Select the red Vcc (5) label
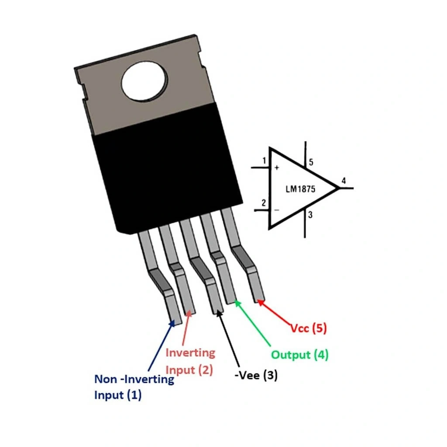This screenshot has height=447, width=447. [309, 328]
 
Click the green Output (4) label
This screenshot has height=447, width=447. [299, 354]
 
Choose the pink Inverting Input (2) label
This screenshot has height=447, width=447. [190, 361]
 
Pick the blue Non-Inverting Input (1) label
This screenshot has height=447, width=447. [134, 387]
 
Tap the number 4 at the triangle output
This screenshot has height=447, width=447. [344, 180]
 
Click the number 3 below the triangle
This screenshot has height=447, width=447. [310, 215]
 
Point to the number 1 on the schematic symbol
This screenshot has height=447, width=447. [264, 161]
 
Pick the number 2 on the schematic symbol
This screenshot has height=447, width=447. [263, 203]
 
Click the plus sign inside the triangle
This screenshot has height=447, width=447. [277, 168]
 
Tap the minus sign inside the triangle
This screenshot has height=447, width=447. [276, 210]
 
